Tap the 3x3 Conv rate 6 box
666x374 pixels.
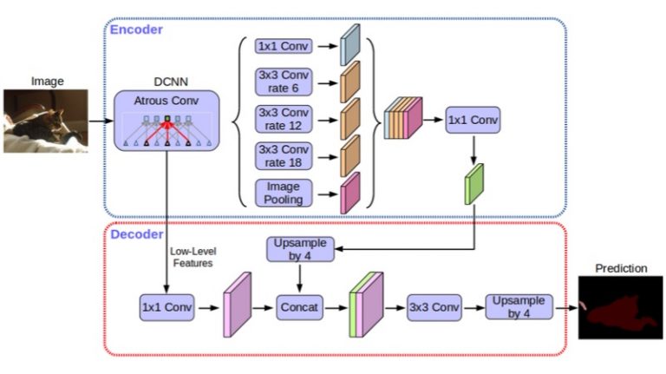click(283, 84)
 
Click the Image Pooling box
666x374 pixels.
click(283, 193)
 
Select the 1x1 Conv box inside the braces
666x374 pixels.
click(283, 46)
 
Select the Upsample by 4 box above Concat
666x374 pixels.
click(300, 249)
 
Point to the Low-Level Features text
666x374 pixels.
click(192, 256)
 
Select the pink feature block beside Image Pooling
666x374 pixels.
click(350, 193)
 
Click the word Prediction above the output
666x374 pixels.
click(620, 268)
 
